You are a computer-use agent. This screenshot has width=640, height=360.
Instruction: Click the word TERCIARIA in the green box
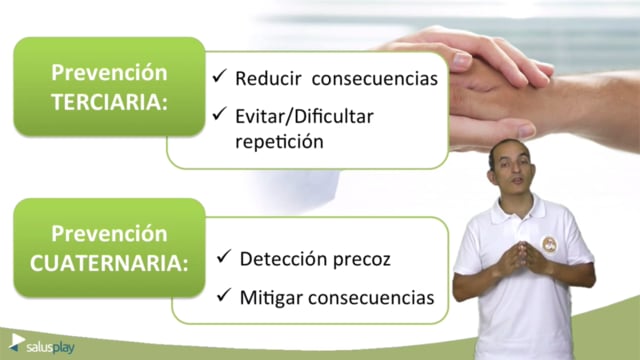point(109,102)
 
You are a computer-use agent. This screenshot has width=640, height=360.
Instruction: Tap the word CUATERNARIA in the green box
point(109,263)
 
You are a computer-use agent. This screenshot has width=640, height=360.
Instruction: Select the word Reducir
point(268,78)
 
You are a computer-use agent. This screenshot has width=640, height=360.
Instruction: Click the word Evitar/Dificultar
point(304,118)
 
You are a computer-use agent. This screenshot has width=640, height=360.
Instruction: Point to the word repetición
point(280,142)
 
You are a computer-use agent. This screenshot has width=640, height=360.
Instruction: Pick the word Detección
point(283,258)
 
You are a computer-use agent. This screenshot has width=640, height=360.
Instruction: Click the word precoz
point(362,260)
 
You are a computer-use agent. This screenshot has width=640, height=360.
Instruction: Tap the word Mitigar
point(271,298)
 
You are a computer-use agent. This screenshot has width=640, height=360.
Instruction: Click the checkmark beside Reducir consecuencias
point(220,76)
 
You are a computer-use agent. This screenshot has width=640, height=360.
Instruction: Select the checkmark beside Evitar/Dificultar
point(220,113)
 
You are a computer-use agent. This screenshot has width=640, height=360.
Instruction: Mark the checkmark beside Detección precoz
point(224,256)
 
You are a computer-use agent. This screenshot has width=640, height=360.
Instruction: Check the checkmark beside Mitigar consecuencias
point(224,295)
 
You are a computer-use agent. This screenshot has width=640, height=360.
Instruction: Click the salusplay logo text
point(50,347)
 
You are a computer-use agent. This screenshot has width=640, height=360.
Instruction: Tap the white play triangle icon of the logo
point(18,340)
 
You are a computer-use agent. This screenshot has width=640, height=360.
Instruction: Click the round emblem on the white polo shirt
point(549,244)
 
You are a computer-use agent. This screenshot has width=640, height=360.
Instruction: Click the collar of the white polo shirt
point(518,208)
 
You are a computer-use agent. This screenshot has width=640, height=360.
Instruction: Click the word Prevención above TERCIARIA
point(109,73)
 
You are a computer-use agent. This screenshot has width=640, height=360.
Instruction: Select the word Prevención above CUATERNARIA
point(109,234)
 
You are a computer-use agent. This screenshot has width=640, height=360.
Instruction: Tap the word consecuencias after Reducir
point(375,78)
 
